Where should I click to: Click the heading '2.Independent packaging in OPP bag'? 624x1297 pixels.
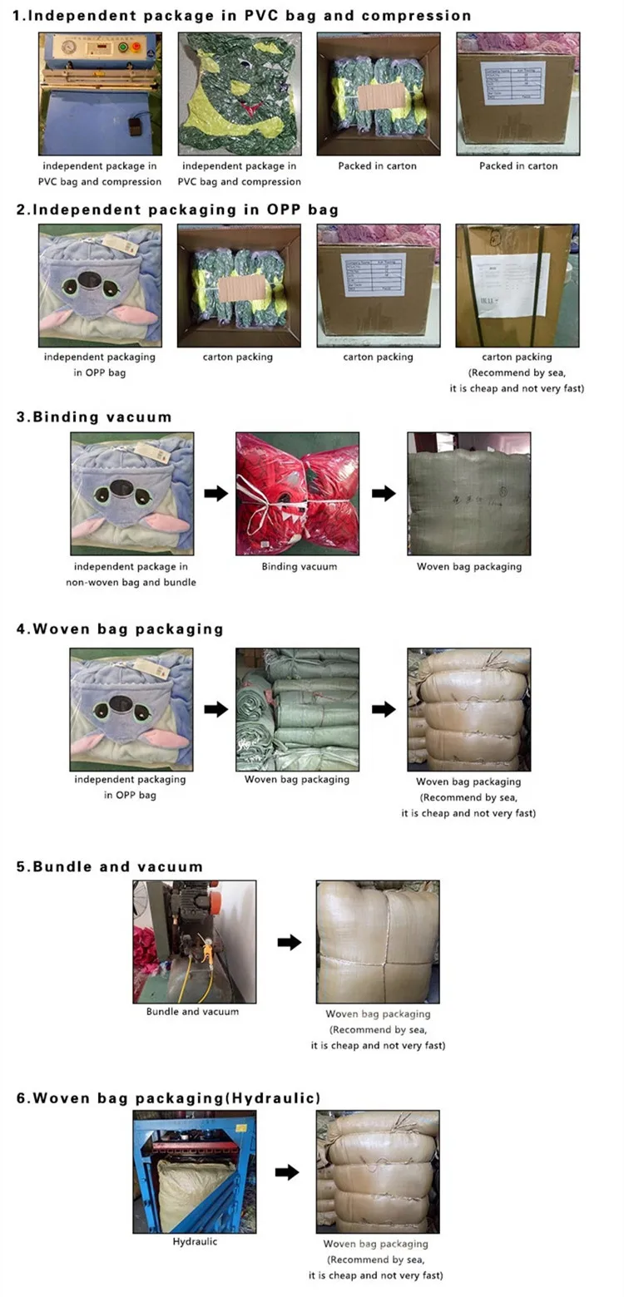point(177,209)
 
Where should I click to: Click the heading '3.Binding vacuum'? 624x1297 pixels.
point(94,417)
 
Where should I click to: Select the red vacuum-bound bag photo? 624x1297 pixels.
point(298,493)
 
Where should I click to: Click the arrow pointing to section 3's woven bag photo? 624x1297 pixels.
point(383,493)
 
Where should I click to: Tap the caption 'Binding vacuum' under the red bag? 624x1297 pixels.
point(299,566)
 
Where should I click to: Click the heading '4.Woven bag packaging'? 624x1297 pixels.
point(120,629)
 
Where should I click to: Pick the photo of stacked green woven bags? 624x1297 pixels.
point(298,709)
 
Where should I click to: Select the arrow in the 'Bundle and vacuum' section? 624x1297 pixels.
point(289,942)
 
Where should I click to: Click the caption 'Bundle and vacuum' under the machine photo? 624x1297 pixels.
point(192,1012)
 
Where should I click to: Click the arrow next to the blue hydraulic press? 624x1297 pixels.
point(287,1171)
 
